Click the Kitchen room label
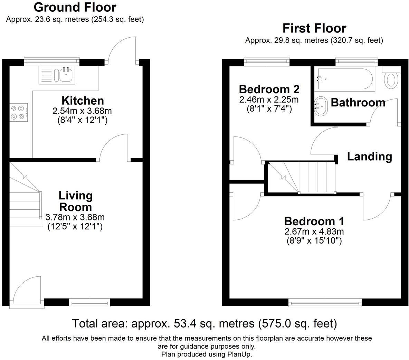pos(83,101)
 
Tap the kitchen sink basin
pos(66,75)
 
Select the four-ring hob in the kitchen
pos(19,112)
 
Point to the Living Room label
pos(76,201)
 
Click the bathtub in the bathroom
pos(344,79)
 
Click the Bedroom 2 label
pos(269,89)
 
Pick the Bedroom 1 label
pos(314,221)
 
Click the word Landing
pos(370,157)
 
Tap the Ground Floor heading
pos(75,7)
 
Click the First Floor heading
pos(314,28)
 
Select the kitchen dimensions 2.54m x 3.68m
pos(82,111)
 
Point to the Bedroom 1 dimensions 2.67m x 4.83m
pos(314,231)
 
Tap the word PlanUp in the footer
pos(239,354)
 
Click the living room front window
pos(89,303)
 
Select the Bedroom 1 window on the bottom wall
pos(325,303)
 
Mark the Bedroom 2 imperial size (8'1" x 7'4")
pos(269,108)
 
